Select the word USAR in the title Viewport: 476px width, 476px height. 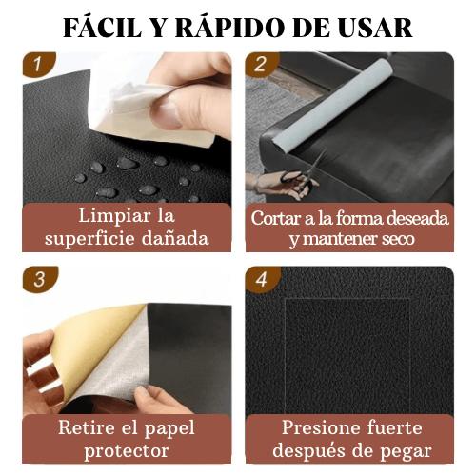pyautogui.click(x=373, y=27)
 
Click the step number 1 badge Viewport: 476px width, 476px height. pyautogui.click(x=36, y=67)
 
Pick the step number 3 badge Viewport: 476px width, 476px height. pyautogui.click(x=36, y=281)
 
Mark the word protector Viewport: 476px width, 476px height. pyautogui.click(x=127, y=450)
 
